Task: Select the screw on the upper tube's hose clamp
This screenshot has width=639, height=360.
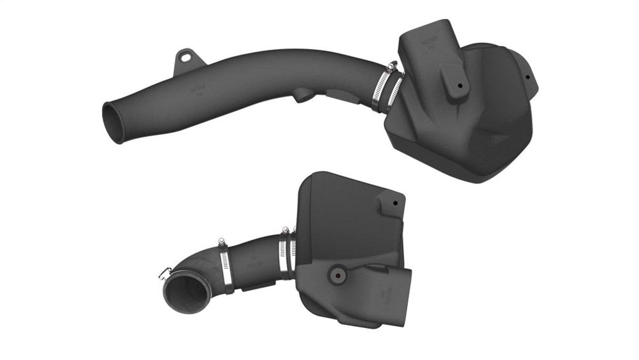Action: click(x=391, y=66)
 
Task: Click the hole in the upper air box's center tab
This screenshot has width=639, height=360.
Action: click(x=461, y=85)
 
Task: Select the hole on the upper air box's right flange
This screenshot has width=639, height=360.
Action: click(x=527, y=77)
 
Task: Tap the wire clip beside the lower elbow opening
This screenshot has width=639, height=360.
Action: click(x=164, y=273)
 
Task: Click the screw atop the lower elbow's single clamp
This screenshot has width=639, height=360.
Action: click(x=221, y=242)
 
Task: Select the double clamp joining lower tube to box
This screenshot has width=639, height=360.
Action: click(x=287, y=255)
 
